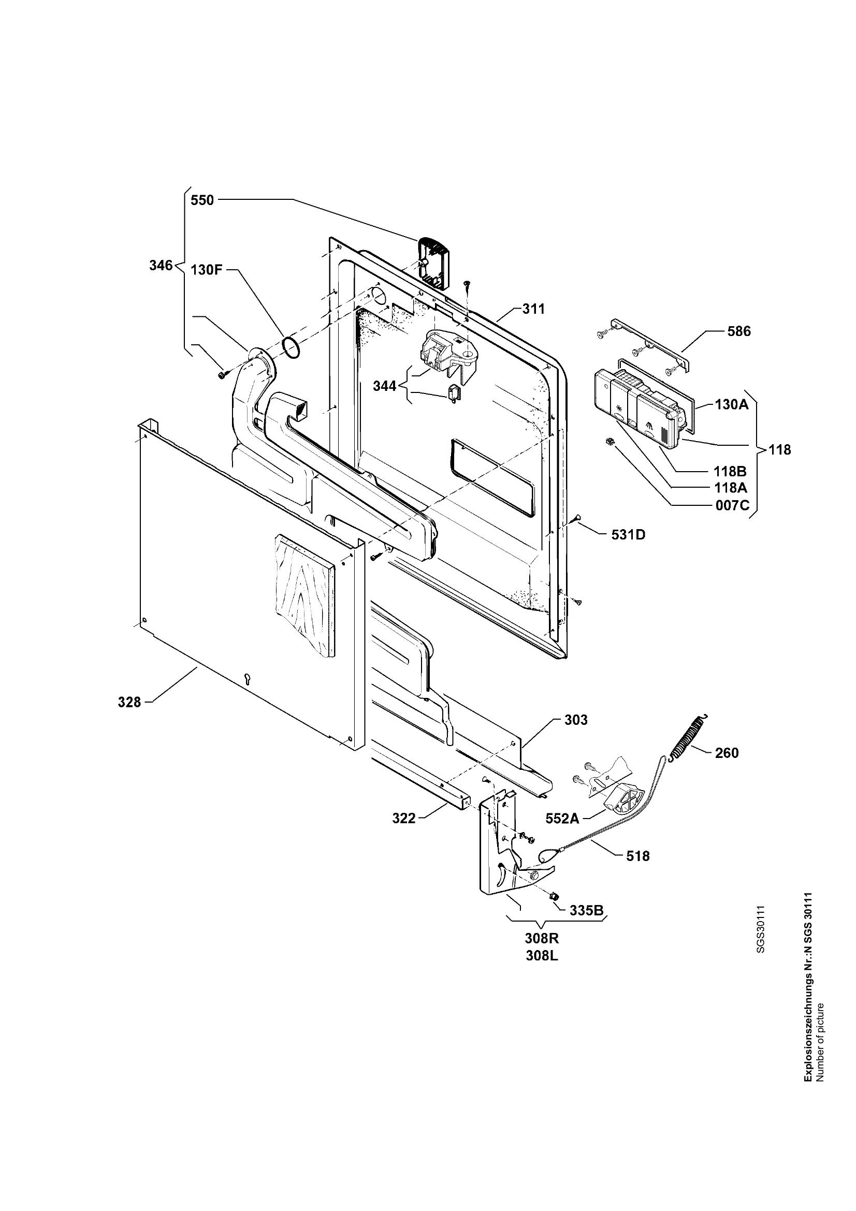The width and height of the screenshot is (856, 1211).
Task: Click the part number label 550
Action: coord(202,200)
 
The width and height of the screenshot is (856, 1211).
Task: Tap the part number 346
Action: coord(161,265)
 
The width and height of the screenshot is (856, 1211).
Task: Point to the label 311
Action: coord(533,309)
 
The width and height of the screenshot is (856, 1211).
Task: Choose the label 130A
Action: coord(732,405)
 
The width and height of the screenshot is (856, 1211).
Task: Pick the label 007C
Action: coord(732,505)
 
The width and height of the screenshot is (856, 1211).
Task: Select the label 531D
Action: coord(628,534)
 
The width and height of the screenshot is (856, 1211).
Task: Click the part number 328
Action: coord(129,702)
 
